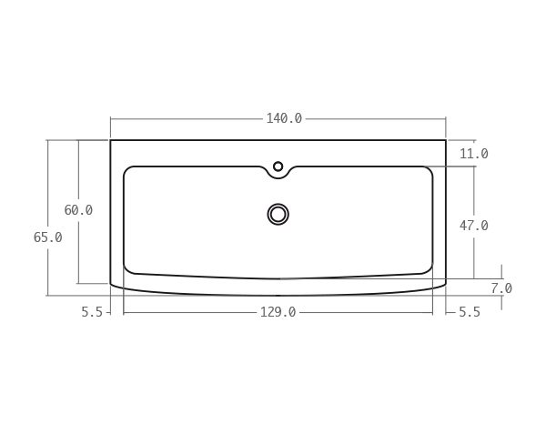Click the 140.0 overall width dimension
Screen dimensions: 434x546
284,118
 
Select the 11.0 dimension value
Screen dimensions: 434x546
473,154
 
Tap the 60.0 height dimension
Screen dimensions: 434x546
78,210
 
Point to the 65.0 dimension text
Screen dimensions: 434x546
47,237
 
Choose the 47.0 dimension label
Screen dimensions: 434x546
473,225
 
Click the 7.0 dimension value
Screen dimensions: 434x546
501,288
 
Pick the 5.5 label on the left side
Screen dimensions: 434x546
92,312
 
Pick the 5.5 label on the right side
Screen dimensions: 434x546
469,312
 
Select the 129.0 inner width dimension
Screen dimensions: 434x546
278,312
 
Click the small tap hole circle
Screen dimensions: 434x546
278,167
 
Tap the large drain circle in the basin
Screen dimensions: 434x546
278,214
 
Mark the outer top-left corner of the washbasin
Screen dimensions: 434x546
111,140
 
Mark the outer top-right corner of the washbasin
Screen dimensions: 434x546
446,140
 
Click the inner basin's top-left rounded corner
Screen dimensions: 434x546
127,170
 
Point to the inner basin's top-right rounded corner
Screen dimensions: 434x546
430,170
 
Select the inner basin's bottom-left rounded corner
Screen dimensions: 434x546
128,269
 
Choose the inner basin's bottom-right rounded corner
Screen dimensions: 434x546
429,269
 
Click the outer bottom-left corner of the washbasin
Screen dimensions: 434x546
112,284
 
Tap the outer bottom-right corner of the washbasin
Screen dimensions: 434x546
445,284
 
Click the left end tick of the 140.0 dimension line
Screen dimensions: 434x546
111,118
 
